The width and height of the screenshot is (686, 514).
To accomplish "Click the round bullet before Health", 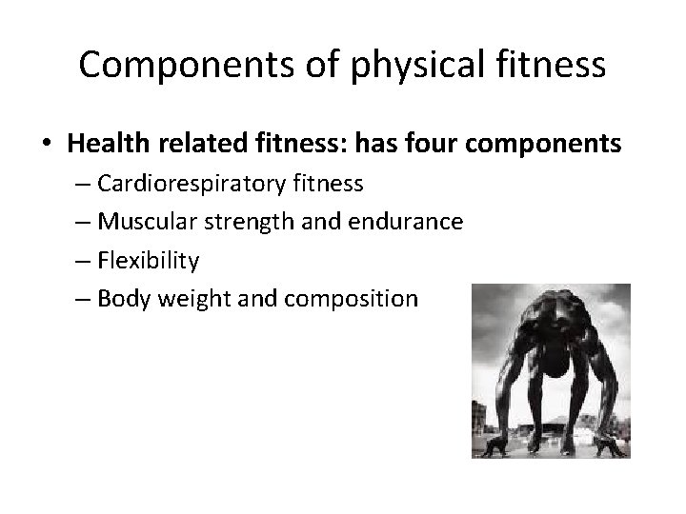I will (47, 145).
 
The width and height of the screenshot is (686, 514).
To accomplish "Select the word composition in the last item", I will (358, 298).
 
